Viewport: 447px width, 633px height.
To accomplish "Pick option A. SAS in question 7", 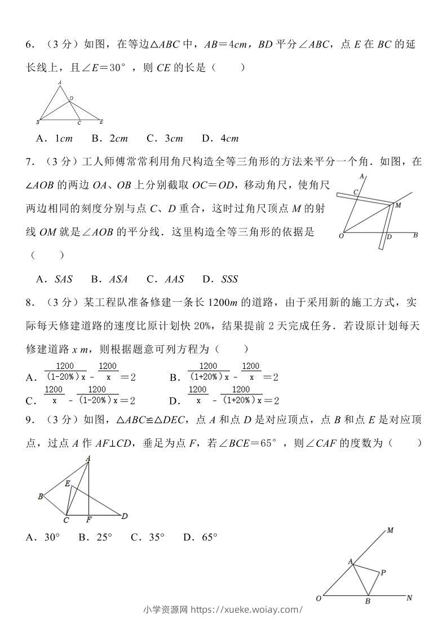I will [x=54, y=279].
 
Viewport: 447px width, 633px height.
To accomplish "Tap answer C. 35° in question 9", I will [x=147, y=538].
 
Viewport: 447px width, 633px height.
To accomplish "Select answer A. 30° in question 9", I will [x=43, y=538].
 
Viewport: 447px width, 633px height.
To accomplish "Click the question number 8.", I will [x=31, y=302].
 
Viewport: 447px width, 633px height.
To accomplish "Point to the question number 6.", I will [x=31, y=45].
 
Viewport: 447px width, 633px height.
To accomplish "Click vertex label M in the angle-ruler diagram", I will [x=398, y=205].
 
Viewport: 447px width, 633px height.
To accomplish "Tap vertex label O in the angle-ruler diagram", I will [x=341, y=236].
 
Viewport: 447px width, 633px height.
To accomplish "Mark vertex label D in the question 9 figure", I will [x=124, y=516].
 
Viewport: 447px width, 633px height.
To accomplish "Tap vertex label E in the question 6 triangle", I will [x=101, y=122].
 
